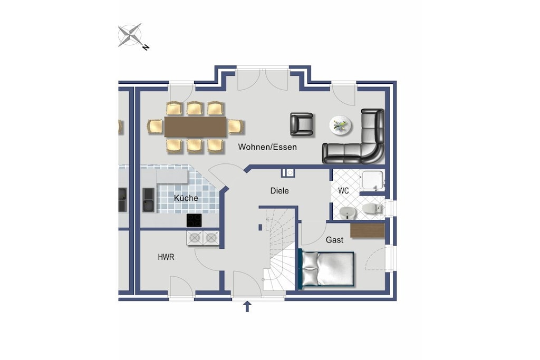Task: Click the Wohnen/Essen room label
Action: tap(267, 147)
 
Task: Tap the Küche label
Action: tap(186, 198)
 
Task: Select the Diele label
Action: tap(279, 191)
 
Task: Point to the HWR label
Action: tap(166, 257)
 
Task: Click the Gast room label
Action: tap(334, 240)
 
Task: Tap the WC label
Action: tap(343, 191)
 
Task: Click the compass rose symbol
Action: tap(130, 35)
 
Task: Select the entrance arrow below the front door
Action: tap(247, 306)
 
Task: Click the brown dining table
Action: tap(195, 127)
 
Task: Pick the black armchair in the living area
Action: tap(302, 124)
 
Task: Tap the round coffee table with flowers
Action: tap(340, 125)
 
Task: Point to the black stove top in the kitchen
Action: tap(194, 220)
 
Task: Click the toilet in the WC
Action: tap(372, 208)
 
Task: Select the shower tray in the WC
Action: tap(372, 180)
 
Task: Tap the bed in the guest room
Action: tap(326, 269)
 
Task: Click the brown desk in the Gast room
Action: tap(368, 230)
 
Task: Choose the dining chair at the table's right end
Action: tap(236, 127)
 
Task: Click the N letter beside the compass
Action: tap(146, 47)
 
